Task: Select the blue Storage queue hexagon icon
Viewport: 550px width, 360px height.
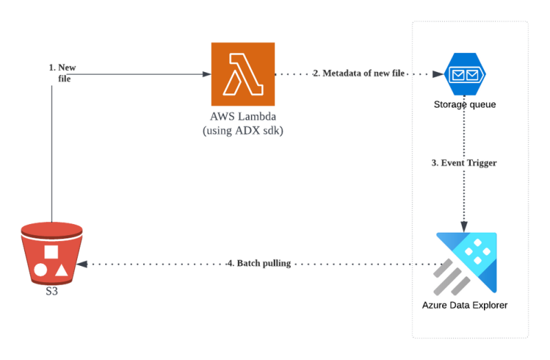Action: [x=464, y=74]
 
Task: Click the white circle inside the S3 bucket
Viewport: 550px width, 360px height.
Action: [x=41, y=269]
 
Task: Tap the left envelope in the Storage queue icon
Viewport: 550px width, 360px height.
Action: [x=456, y=74]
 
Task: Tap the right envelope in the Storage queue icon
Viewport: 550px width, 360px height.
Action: [x=472, y=74]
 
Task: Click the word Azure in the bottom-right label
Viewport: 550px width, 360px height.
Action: [x=434, y=304]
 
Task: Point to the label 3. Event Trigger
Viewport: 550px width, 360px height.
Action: [x=464, y=164]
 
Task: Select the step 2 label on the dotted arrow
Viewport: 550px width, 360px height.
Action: [x=357, y=73]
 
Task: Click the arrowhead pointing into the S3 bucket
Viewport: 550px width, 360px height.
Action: [x=82, y=264]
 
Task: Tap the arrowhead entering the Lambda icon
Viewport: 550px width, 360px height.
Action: [x=206, y=74]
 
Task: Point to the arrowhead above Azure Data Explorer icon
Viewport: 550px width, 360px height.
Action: [x=465, y=227]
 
